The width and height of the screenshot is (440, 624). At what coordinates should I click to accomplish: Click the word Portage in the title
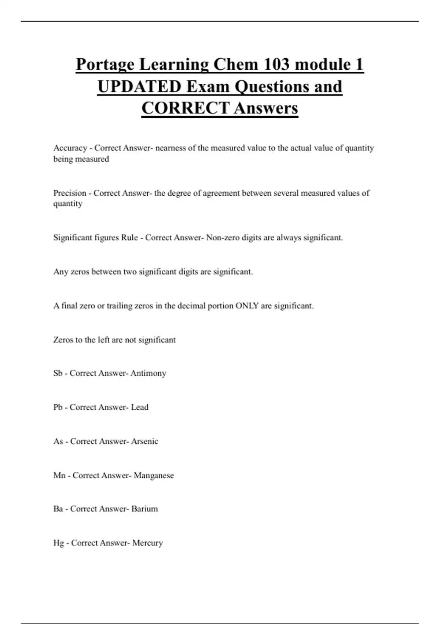[x=106, y=65]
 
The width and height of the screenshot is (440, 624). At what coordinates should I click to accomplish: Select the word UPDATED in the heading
[x=139, y=87]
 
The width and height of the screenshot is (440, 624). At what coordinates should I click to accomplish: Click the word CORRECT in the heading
[x=186, y=108]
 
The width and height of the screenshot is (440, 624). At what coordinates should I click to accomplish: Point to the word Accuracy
[x=70, y=148]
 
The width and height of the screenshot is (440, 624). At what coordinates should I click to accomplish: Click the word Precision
[x=70, y=193]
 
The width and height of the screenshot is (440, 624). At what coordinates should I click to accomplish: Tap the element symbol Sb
[x=58, y=373]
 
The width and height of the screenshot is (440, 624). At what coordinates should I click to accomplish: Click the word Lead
[x=140, y=407]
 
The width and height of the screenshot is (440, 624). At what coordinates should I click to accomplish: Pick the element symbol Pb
[x=58, y=407]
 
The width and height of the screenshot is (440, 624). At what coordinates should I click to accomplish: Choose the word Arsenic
[x=144, y=441]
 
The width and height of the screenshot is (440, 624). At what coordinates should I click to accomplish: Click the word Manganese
[x=154, y=476]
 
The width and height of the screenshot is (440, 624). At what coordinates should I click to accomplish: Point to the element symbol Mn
[x=59, y=475]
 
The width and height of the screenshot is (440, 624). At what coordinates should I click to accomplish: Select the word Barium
[x=144, y=509]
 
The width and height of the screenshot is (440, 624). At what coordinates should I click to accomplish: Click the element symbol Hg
[x=58, y=543]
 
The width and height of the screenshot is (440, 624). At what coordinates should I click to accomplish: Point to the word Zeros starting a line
[x=63, y=340]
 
